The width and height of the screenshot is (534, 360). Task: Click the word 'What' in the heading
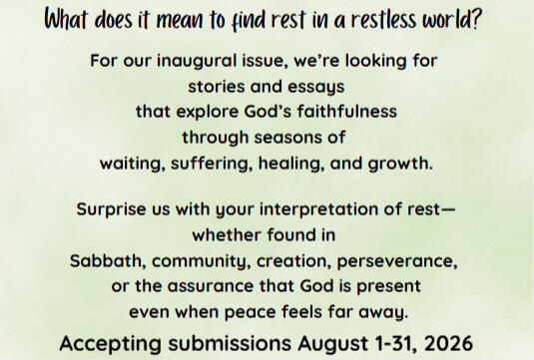point(66,20)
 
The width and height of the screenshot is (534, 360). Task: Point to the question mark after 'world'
point(475,19)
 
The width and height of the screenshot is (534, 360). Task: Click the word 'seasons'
point(285,138)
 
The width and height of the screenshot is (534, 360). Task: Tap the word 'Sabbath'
point(106,261)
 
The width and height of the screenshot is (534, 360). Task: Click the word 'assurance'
point(211,286)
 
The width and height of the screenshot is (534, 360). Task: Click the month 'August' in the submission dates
point(332,344)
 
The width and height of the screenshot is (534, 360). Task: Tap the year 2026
point(449,344)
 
